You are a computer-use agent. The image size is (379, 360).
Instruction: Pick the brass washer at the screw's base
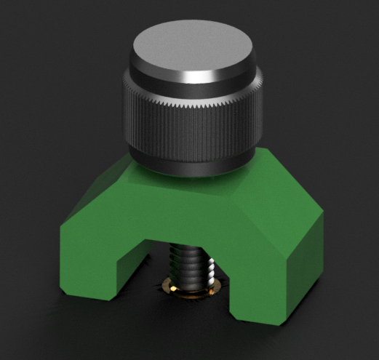point(191,289)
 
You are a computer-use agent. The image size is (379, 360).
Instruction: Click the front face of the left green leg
point(95,262)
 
